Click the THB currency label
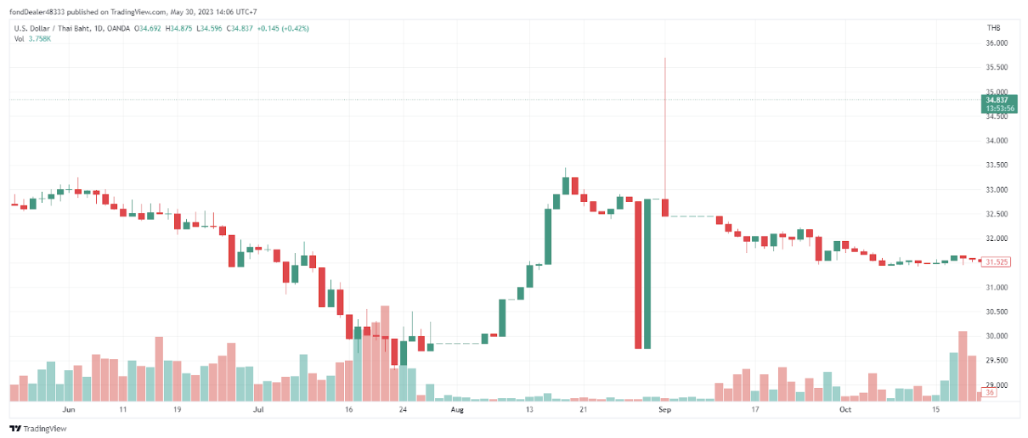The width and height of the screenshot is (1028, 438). click(x=993, y=28)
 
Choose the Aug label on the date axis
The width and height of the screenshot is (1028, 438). click(x=457, y=409)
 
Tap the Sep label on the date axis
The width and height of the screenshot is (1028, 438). click(x=665, y=409)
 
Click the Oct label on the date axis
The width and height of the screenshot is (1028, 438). click(x=844, y=409)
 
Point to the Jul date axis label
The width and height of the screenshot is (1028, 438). click(x=258, y=409)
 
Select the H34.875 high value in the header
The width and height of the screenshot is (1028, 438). click(x=178, y=28)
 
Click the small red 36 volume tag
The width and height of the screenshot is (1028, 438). click(x=991, y=392)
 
